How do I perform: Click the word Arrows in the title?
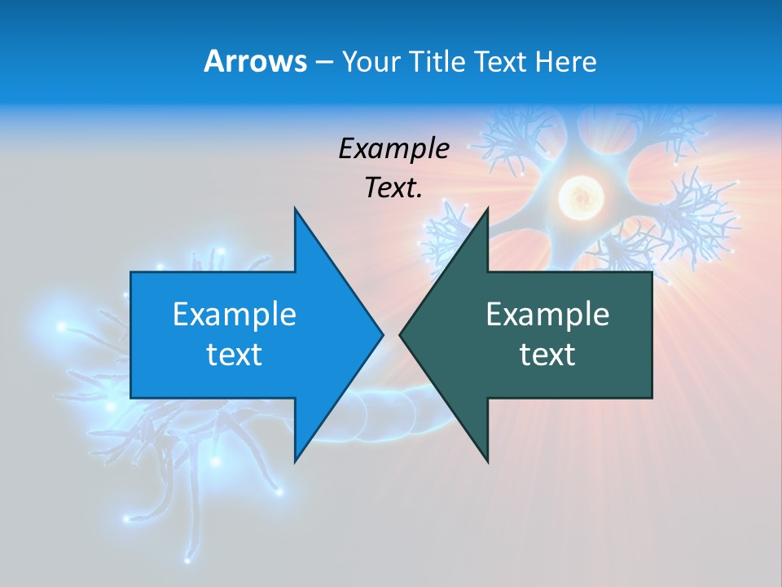[x=255, y=61]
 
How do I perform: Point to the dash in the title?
[x=323, y=63]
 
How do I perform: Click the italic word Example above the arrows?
[x=393, y=148]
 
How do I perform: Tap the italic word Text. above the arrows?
[x=393, y=188]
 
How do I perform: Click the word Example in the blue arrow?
[x=234, y=314]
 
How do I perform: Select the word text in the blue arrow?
[x=234, y=354]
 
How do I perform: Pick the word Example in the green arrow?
[x=547, y=314]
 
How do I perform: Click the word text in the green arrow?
[x=547, y=354]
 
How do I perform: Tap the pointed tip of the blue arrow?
[x=382, y=334]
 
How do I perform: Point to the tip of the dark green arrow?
[x=401, y=334]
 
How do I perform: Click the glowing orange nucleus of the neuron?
[x=580, y=196]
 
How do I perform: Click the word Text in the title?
[x=499, y=62]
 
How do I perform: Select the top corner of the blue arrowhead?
[x=295, y=209]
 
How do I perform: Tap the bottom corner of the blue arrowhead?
[x=295, y=461]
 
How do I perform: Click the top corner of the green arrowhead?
[x=487, y=209]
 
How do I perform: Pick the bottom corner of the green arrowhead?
[x=487, y=461]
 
